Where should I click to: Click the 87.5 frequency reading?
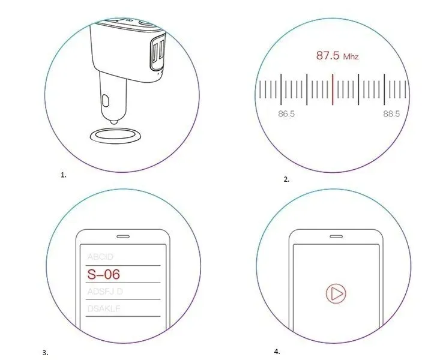pyautogui.click(x=328, y=56)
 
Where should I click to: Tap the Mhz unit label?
pyautogui.click(x=351, y=57)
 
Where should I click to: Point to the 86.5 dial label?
pyautogui.click(x=286, y=113)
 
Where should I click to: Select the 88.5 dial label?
pyautogui.click(x=391, y=113)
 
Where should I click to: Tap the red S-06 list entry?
pyautogui.click(x=103, y=275)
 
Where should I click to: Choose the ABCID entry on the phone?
pyautogui.click(x=100, y=256)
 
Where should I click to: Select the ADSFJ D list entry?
pyautogui.click(x=105, y=292)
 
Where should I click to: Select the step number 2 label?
pyautogui.click(x=286, y=179)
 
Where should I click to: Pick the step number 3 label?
pyautogui.click(x=45, y=352)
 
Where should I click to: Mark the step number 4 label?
pyautogui.click(x=277, y=352)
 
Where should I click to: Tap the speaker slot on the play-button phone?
pyautogui.click(x=334, y=235)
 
